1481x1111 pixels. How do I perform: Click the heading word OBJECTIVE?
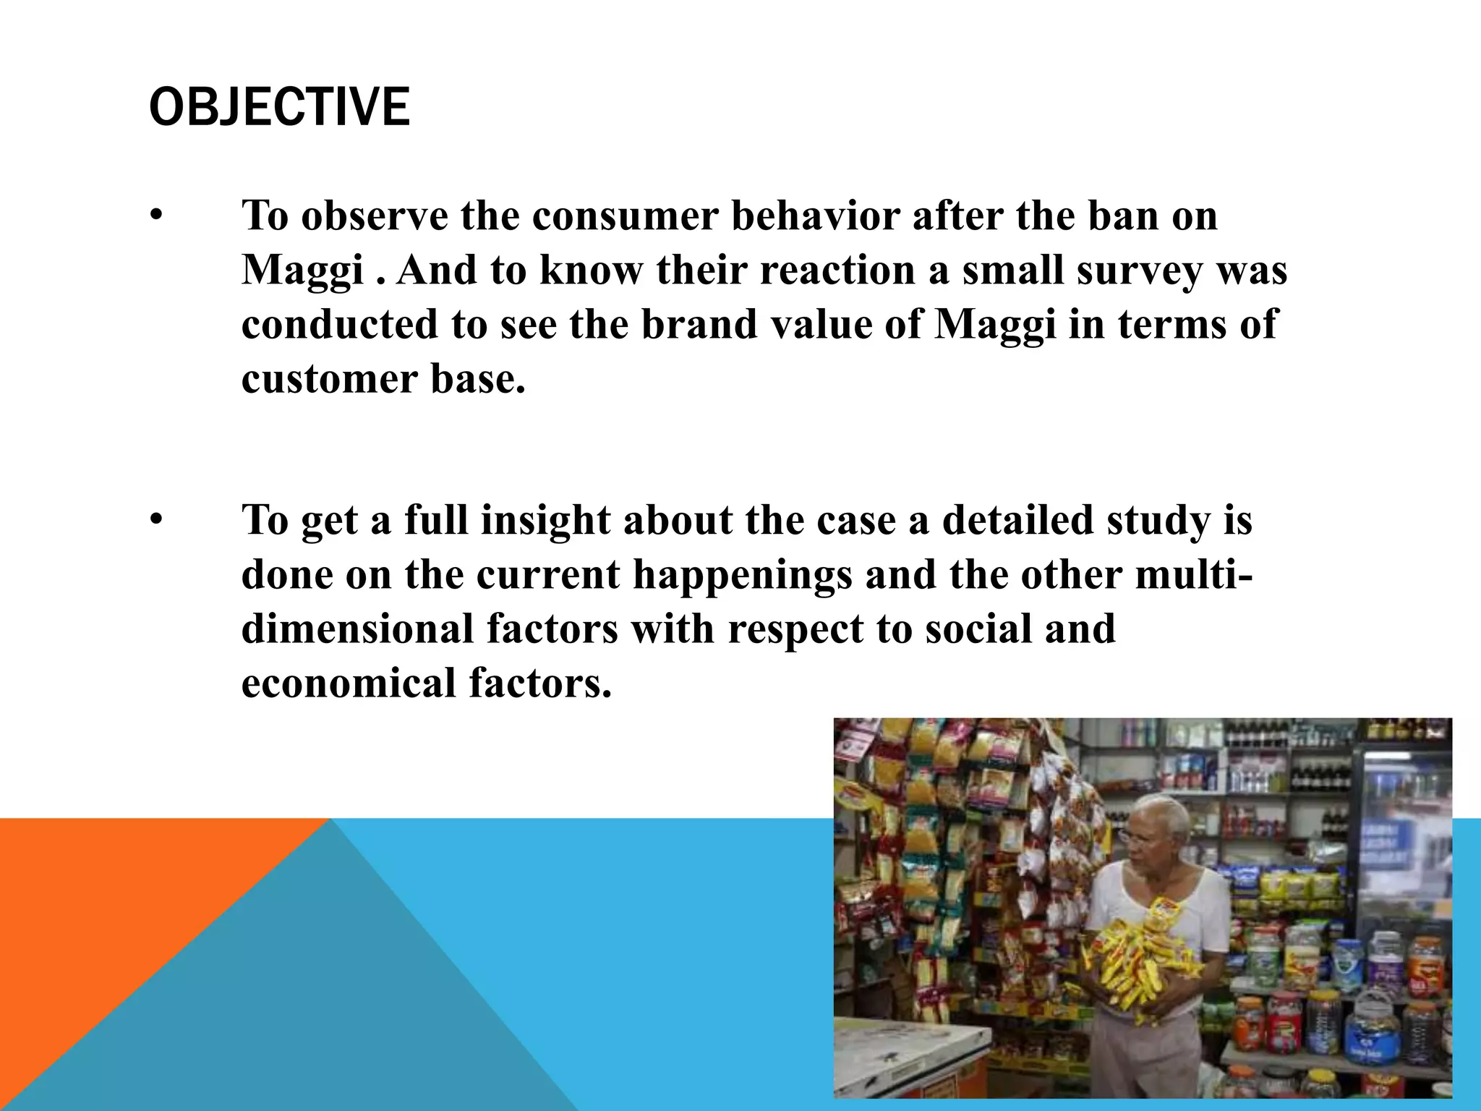click(x=279, y=107)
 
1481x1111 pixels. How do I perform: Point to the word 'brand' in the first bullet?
click(x=698, y=324)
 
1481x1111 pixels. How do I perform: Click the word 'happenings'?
click(x=742, y=574)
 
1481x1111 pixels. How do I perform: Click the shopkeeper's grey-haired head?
click(x=1156, y=825)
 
